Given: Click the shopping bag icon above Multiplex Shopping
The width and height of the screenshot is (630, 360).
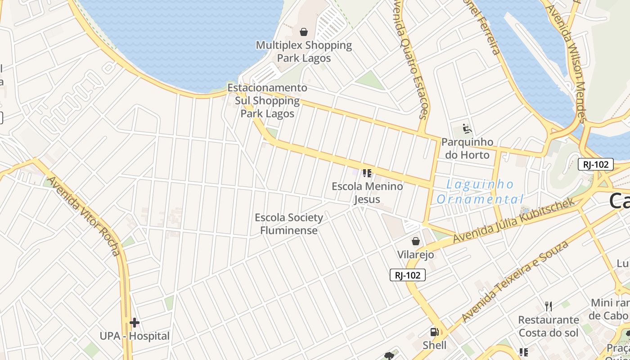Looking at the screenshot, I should tap(304, 32).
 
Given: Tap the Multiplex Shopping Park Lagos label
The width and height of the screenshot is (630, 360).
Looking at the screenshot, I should tap(304, 51).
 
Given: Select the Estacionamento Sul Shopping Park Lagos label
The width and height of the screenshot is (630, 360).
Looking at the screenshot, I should tap(267, 100).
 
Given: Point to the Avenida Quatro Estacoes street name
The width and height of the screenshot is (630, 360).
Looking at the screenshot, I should tap(410, 58).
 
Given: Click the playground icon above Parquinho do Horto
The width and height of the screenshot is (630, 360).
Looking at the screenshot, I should tap(467, 129).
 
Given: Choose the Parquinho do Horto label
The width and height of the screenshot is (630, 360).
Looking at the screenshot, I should tap(467, 148).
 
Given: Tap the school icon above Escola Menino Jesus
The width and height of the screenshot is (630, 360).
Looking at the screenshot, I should tap(367, 173).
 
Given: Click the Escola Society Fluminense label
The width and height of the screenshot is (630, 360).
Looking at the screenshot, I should tap(289, 224).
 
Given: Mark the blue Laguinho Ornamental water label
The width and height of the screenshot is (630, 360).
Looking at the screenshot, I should tap(480, 191).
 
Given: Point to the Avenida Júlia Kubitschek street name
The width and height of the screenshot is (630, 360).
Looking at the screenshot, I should tap(514, 220).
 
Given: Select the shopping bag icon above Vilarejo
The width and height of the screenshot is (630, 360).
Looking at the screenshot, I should tap(416, 241).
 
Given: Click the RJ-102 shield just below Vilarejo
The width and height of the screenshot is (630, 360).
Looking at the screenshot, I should tap(407, 275).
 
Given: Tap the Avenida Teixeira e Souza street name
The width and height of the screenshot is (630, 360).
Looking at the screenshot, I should tap(515, 282).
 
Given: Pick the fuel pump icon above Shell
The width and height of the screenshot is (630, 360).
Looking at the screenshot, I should tap(435, 332).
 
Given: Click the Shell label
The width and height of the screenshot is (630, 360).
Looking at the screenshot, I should tap(435, 345).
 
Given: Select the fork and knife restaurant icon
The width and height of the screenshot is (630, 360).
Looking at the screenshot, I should tap(548, 306).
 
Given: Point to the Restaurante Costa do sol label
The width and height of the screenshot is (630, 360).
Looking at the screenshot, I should tap(549, 326).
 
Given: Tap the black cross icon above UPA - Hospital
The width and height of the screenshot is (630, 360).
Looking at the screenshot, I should tap(134, 322).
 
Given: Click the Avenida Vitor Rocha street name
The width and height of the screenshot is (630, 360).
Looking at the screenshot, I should tap(84, 216).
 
